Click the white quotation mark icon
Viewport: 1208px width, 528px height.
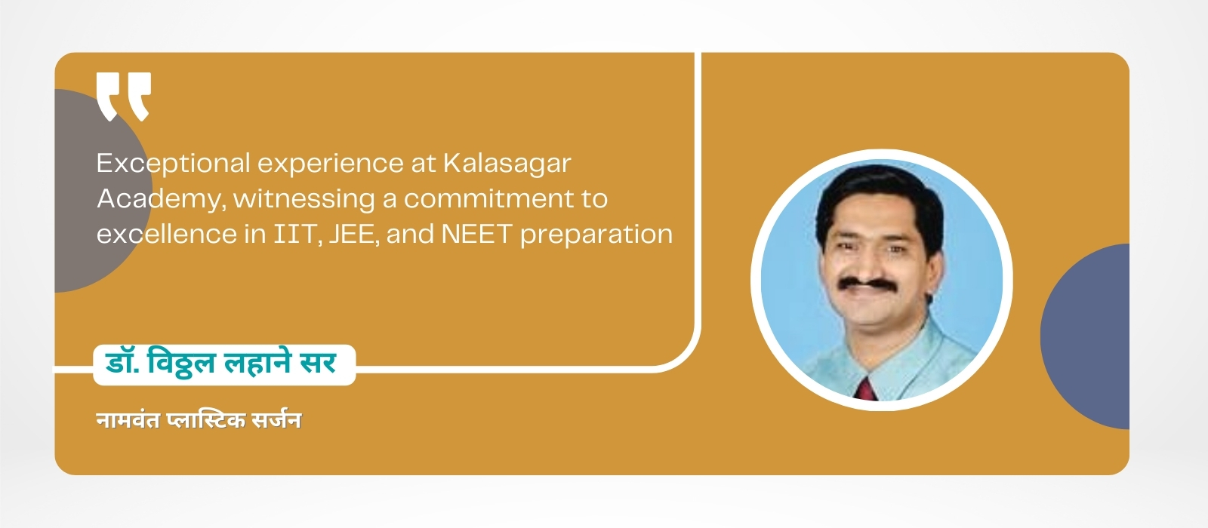pos(124,97)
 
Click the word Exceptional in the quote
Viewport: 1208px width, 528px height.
pos(173,164)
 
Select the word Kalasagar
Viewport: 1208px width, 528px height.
pos(507,163)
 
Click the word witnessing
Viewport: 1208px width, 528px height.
pos(304,199)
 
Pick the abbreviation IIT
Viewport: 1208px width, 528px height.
pos(297,235)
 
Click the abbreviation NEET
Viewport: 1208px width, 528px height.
pos(476,234)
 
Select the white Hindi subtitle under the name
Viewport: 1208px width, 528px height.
pos(199,419)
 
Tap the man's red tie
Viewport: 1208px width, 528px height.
pos(866,389)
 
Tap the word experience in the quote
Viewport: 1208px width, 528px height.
pos(331,164)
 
